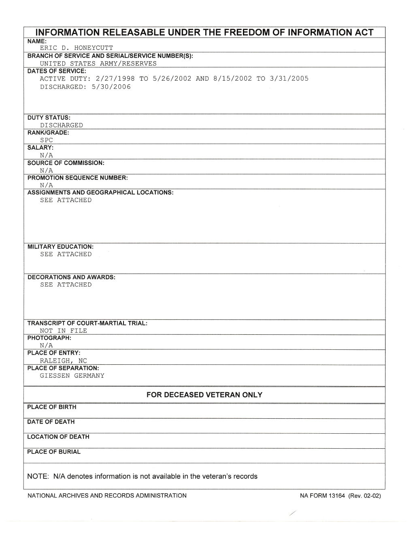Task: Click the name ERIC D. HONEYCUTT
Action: pyautogui.click(x=76, y=48)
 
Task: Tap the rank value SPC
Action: pyautogui.click(x=47, y=140)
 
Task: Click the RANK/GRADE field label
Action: pyautogui.click(x=48, y=133)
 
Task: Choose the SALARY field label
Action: pyautogui.click(x=40, y=148)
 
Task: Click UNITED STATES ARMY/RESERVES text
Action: pyautogui.click(x=98, y=64)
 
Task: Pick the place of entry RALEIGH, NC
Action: pyautogui.click(x=63, y=361)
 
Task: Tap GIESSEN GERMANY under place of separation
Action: pyautogui.click(x=72, y=376)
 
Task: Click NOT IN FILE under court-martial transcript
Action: pyautogui.click(x=63, y=331)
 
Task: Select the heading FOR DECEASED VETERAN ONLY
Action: pyautogui.click(x=204, y=395)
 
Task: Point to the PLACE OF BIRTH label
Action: pyautogui.click(x=51, y=407)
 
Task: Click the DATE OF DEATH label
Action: pyautogui.click(x=51, y=422)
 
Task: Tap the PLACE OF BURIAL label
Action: pyautogui.click(x=53, y=452)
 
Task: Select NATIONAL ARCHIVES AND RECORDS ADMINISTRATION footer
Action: pyautogui.click(x=107, y=495)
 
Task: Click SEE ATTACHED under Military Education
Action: pyautogui.click(x=66, y=255)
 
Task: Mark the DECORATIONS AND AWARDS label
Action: pyautogui.click(x=71, y=277)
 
